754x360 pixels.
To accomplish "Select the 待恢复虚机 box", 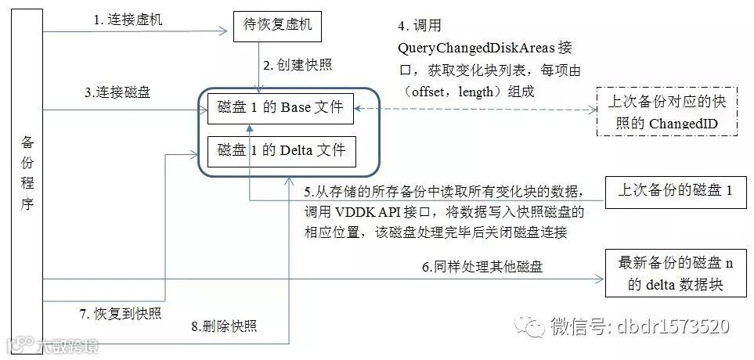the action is (272, 26).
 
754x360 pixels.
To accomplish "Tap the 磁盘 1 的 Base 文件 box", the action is (281, 107).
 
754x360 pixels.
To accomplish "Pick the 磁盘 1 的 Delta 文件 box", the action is (281, 149).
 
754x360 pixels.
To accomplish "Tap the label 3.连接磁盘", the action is (118, 92).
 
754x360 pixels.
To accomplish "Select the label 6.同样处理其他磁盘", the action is (482, 267).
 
